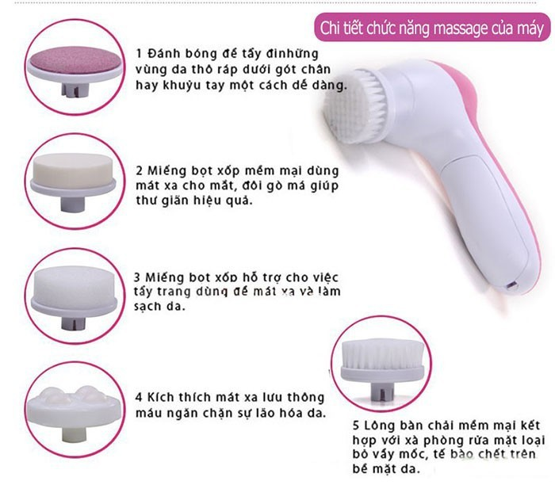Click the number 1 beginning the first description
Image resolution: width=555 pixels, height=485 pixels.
pos(139,54)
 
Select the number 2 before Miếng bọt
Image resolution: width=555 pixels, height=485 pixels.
pos(139,171)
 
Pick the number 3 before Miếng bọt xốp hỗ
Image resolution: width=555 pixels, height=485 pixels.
pos(137,277)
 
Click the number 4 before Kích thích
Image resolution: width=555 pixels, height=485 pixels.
pos(139,397)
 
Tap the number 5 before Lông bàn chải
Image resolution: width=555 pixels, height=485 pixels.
pos(356,426)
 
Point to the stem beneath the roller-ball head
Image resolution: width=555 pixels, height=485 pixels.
pos(73,434)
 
